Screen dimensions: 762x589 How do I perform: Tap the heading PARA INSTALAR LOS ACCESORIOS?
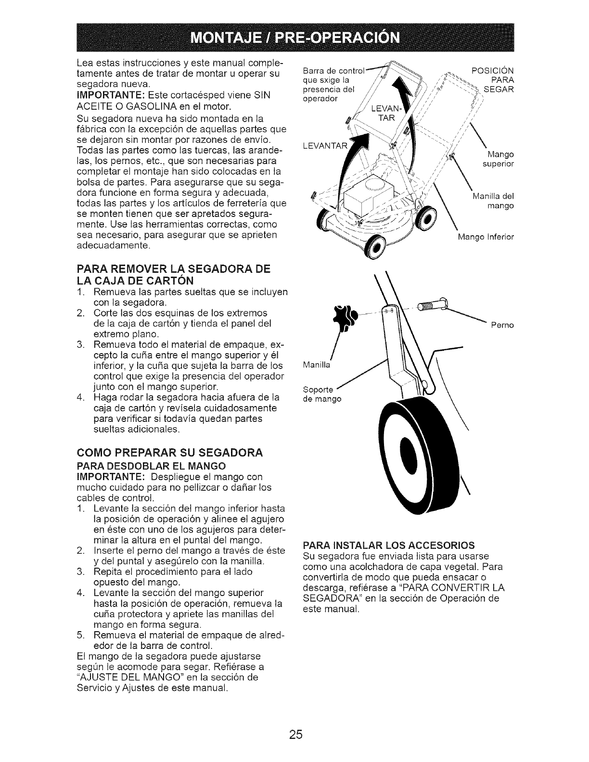(388, 545)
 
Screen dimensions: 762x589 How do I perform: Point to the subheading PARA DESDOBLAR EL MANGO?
(151, 466)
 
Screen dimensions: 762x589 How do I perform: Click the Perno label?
(502, 325)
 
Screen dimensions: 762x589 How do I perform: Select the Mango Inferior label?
(486, 237)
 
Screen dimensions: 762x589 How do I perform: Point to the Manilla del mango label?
(494, 201)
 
